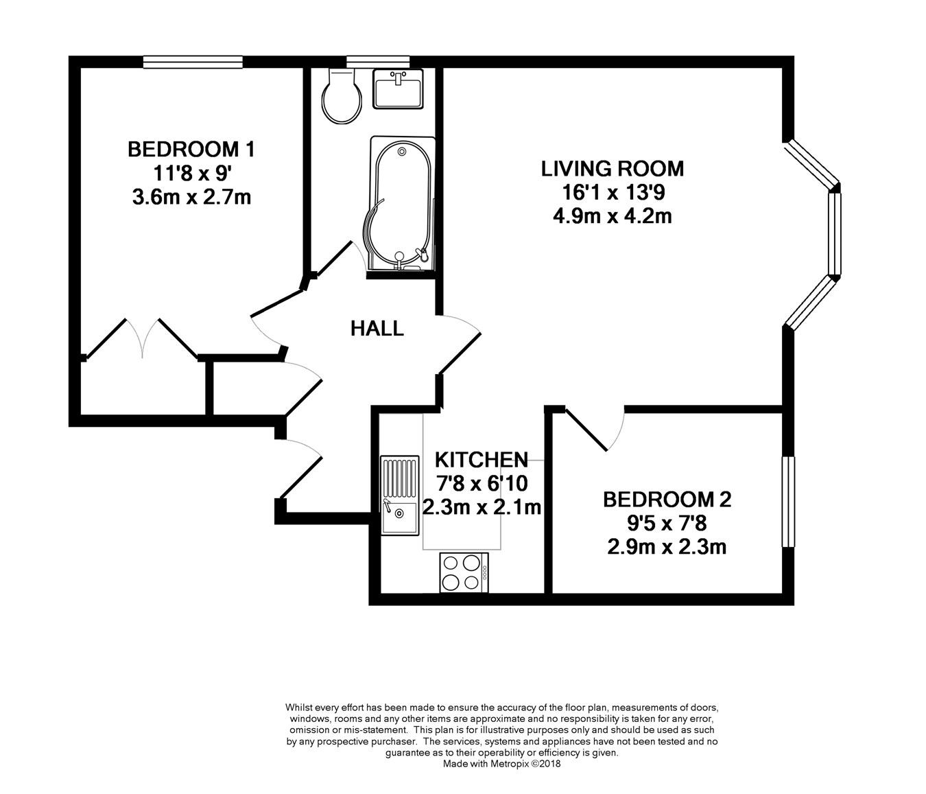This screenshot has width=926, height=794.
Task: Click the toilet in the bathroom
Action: [x=342, y=96]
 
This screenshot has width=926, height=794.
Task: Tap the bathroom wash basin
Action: [x=398, y=89]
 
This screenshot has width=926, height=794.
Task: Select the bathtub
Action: [x=402, y=204]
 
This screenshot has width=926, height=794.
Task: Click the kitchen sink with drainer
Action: [x=400, y=495]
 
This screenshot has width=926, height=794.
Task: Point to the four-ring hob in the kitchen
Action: [x=464, y=572]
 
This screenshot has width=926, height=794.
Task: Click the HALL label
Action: [x=377, y=329]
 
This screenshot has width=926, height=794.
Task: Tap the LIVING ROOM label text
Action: [x=613, y=169]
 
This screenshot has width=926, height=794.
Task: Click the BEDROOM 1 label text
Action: [x=191, y=150]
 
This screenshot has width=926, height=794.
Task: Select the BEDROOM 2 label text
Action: [x=667, y=500]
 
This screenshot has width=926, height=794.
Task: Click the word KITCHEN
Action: [x=482, y=460]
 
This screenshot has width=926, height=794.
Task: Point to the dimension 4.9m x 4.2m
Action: [x=613, y=217]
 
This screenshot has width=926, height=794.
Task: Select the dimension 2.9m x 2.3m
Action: [x=667, y=547]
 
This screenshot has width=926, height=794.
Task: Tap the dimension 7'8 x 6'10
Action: [x=482, y=484]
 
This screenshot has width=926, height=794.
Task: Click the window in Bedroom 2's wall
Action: [x=788, y=501]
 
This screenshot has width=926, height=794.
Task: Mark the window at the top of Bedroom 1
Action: [x=193, y=62]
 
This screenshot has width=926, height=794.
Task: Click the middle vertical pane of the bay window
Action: [x=835, y=233]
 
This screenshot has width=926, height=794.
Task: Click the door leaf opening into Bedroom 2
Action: [x=586, y=429]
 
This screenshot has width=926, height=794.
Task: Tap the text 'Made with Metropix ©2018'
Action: [x=501, y=764]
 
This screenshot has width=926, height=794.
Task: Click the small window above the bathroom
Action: [x=378, y=62]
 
